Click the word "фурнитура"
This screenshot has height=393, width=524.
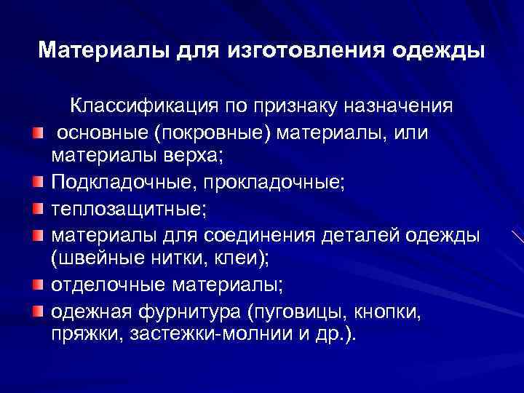(193, 311)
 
